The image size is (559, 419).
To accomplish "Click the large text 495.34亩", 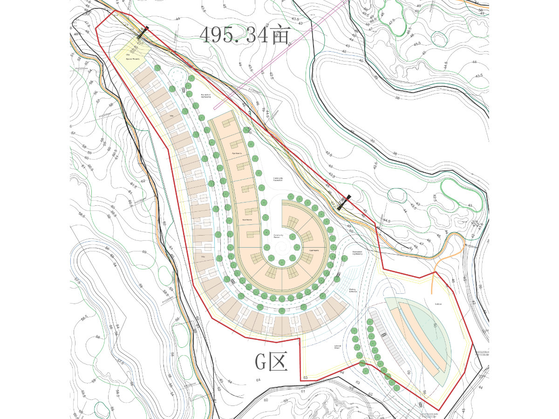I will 245,34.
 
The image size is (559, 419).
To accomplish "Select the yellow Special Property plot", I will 132,52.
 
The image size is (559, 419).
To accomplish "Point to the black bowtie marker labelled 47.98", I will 344,202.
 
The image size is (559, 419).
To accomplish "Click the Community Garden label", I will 279,236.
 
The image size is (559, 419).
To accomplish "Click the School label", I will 438,304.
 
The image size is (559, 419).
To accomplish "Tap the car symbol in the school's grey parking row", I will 384,334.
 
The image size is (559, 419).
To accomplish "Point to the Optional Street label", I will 338,347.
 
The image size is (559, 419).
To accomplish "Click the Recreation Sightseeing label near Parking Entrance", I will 357,253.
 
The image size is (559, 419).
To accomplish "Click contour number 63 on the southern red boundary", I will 306,377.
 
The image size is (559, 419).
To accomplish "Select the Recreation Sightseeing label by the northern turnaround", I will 206,96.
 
